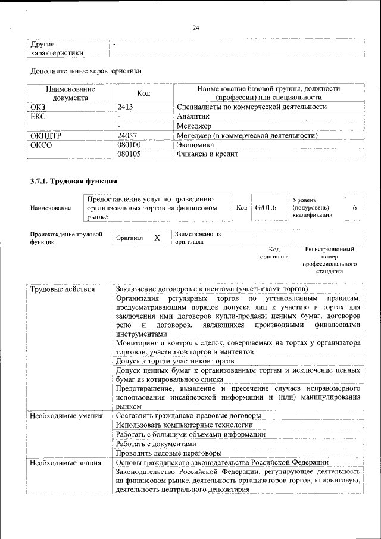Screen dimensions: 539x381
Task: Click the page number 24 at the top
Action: point(196,27)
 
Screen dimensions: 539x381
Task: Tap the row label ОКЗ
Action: point(38,107)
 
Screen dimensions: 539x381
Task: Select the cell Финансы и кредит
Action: point(207,154)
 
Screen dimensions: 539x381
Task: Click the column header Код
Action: point(143,93)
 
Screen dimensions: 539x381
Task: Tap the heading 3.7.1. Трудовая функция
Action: point(73,180)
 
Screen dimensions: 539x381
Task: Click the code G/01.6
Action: point(266,208)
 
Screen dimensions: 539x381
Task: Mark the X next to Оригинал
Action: point(157,238)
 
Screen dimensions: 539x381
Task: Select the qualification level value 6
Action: point(355,208)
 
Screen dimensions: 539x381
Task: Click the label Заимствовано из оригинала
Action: point(198,238)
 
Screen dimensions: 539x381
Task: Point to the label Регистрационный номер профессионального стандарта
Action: point(329,260)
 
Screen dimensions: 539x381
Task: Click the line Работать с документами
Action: point(156,444)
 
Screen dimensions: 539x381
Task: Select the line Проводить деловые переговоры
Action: point(168,453)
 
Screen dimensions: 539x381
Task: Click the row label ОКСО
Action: point(40,145)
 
